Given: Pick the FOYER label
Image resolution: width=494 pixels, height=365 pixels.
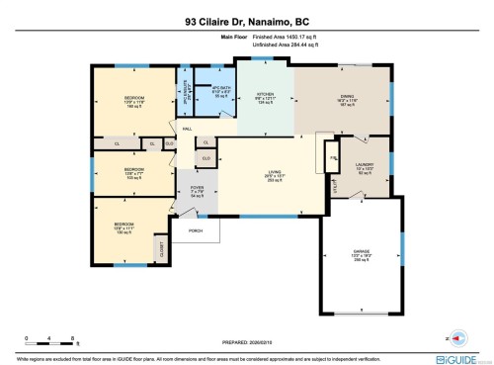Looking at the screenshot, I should [x=196, y=190].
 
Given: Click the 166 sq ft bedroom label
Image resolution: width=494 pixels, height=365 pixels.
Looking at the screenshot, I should [x=133, y=102].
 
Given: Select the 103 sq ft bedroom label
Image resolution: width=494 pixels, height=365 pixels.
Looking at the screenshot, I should [x=133, y=173].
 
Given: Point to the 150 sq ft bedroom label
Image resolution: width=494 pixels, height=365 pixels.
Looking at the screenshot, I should [x=126, y=228].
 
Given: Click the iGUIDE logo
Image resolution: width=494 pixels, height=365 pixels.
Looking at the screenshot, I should [x=463, y=352].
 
